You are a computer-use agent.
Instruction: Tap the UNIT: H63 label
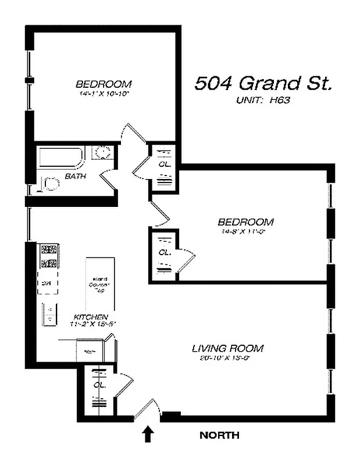click(x=263, y=100)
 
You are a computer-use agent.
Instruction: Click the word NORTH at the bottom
click(x=219, y=435)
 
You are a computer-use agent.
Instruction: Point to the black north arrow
click(x=148, y=434)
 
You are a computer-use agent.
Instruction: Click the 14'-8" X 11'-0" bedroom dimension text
click(x=245, y=231)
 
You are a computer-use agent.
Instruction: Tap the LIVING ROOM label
click(x=227, y=348)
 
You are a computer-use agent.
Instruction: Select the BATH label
click(x=76, y=176)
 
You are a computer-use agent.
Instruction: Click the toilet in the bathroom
click(x=50, y=185)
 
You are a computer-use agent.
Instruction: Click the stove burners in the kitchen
click(x=48, y=256)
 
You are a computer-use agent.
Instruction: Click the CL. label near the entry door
click(x=99, y=385)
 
